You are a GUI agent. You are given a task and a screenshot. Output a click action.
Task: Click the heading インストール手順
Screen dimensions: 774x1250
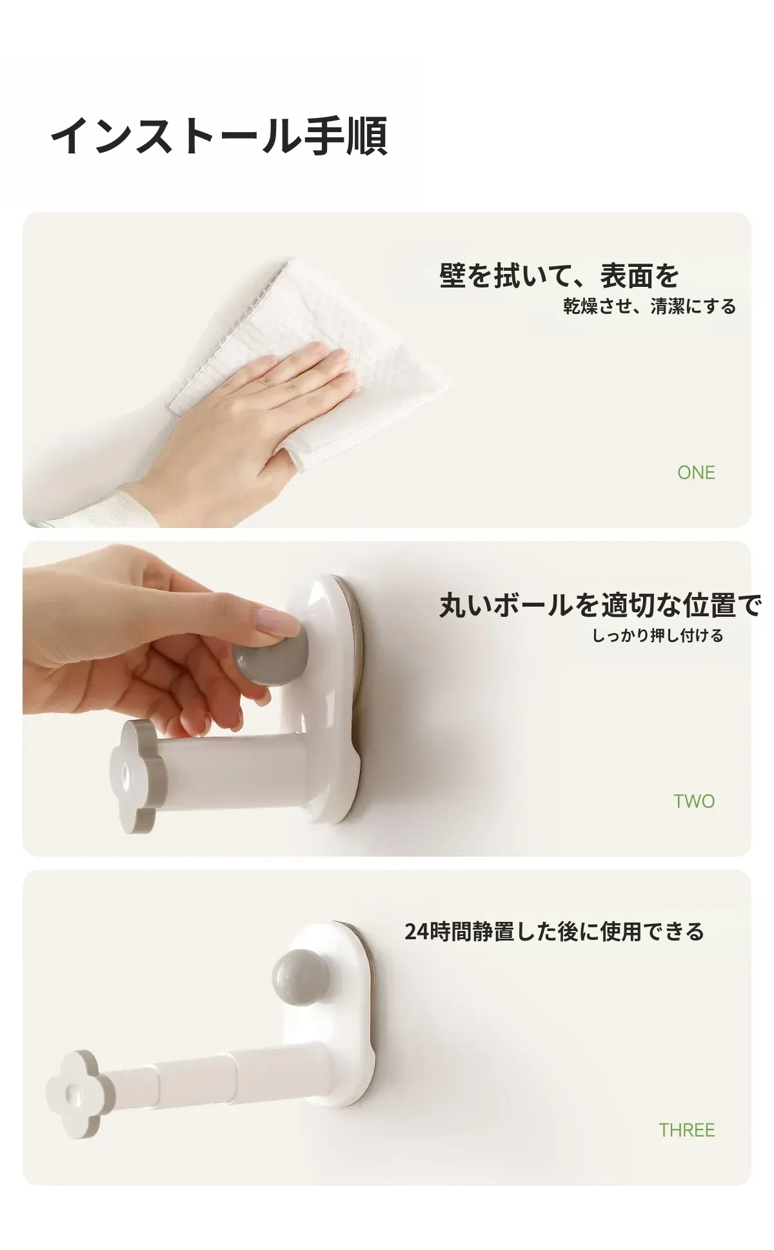pyautogui.click(x=219, y=136)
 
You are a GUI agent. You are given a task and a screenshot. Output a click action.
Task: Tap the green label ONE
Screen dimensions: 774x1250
pyautogui.click(x=696, y=473)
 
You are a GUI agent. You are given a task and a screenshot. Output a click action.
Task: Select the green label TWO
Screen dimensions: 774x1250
pyautogui.click(x=694, y=801)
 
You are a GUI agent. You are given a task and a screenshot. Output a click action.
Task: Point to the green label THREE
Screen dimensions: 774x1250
pyautogui.click(x=686, y=1130)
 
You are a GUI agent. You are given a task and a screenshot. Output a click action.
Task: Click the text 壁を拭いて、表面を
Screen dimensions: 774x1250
pyautogui.click(x=559, y=276)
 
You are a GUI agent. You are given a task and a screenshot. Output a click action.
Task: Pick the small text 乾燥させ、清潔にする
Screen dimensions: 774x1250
pyautogui.click(x=650, y=306)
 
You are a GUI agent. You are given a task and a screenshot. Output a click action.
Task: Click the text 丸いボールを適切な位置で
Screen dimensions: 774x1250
pyautogui.click(x=600, y=605)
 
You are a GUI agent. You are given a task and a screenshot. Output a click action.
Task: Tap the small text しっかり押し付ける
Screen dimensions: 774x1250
pyautogui.click(x=658, y=636)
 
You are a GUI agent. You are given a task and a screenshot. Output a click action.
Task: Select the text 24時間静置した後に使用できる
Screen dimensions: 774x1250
pyautogui.click(x=554, y=932)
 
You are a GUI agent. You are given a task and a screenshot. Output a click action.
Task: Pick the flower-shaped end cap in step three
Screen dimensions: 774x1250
pyautogui.click(x=73, y=1094)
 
